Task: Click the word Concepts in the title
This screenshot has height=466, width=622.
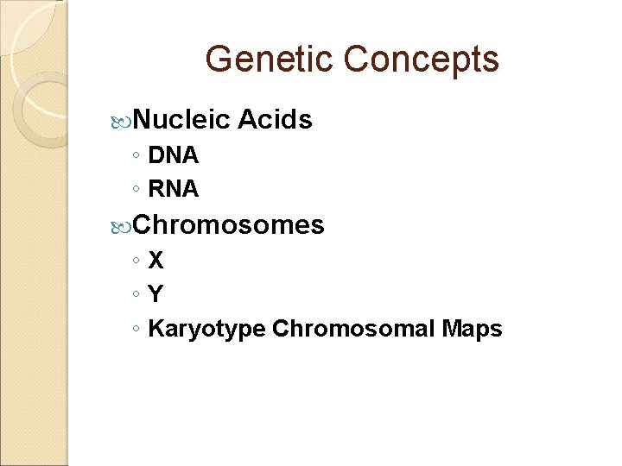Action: pyautogui.click(x=421, y=60)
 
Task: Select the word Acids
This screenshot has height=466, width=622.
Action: pyautogui.click(x=274, y=120)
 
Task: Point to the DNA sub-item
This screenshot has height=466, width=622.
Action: pyautogui.click(x=174, y=156)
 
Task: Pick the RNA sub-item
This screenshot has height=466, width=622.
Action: pyautogui.click(x=174, y=188)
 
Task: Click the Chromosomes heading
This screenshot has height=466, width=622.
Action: pyautogui.click(x=229, y=225)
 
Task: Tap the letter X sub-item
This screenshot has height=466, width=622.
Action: pyautogui.click(x=155, y=260)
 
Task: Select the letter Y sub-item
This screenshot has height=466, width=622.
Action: pyautogui.click(x=155, y=294)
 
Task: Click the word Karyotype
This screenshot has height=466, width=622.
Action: pyautogui.click(x=207, y=329)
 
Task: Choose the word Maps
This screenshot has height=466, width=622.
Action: pyautogui.click(x=473, y=329)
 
